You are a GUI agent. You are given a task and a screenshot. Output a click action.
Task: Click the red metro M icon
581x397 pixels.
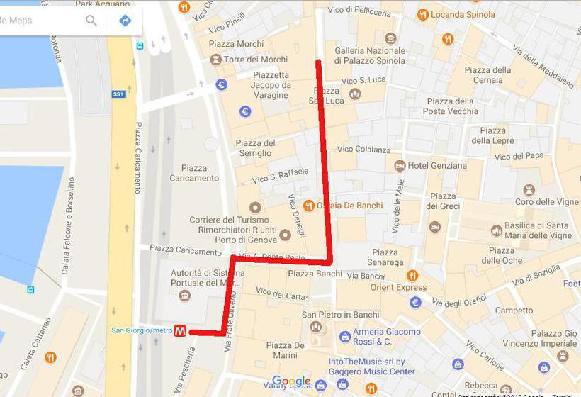[181, 331]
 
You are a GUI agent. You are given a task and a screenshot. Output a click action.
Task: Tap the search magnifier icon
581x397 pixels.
[91, 21]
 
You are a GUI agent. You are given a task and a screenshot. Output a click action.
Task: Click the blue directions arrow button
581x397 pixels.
[125, 21]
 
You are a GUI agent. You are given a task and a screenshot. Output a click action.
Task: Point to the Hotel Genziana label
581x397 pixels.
[437, 166]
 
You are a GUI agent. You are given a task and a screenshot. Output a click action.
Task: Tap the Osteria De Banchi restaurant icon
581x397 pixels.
[308, 206]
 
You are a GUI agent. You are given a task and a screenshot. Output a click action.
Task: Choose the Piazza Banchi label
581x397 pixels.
[315, 273]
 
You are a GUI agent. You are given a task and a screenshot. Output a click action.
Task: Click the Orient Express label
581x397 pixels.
[398, 288]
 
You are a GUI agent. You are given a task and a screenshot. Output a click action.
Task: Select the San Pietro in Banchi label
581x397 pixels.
[340, 315]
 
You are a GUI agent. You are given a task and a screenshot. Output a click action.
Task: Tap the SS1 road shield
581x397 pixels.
[118, 94]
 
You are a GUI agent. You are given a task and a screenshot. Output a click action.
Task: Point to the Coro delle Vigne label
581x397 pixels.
[546, 202]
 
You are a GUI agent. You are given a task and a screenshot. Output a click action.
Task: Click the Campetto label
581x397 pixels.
[514, 311]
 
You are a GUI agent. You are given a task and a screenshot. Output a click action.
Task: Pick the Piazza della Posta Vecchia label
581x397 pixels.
[450, 106]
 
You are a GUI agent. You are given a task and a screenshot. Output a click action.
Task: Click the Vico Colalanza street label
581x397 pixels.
[363, 150]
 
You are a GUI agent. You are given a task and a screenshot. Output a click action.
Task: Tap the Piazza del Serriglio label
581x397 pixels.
[255, 147]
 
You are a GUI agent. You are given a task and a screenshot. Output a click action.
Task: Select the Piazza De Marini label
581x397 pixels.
[286, 350]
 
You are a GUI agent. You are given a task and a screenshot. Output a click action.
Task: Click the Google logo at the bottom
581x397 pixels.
[291, 381]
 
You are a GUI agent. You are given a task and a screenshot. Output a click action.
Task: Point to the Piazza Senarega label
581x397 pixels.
[385, 257]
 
